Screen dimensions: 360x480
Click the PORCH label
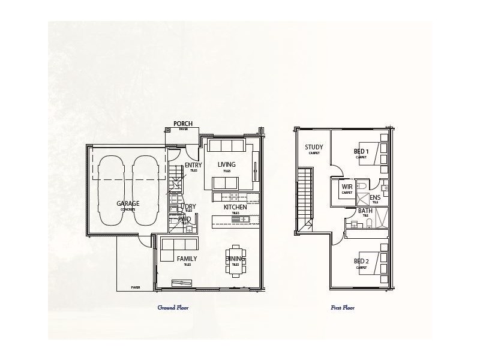click(182, 124)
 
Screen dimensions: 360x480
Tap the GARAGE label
click(128, 203)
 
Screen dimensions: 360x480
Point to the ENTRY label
click(193, 165)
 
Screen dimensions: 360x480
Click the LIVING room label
click(226, 164)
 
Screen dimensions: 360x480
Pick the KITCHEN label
click(235, 207)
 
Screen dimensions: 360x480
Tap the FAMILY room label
click(187, 259)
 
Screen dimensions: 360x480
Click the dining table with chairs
click(235, 259)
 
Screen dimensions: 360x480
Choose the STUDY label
click(314, 147)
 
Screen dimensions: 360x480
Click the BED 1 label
click(361, 151)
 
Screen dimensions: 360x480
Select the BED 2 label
click(361, 262)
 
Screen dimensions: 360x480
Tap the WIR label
click(347, 187)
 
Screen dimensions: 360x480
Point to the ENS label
click(374, 197)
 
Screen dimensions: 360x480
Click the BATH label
click(365, 211)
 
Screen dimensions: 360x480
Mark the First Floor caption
click(343, 307)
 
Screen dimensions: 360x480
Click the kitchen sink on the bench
click(244, 220)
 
